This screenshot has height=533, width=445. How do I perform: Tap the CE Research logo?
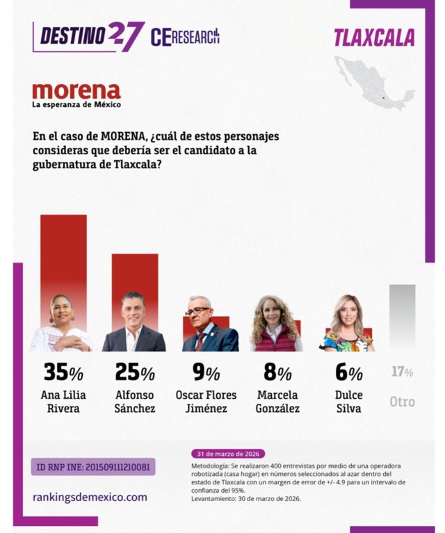coord(185,36)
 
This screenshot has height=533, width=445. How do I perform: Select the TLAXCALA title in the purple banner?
coord(374,38)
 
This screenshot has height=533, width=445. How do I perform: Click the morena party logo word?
coord(76,91)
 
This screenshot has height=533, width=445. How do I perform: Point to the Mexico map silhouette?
coord(374,83)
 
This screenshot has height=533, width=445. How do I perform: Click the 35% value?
coord(63,373)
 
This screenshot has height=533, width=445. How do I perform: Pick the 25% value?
coord(135,373)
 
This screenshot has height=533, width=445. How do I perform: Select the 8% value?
coord(277,373)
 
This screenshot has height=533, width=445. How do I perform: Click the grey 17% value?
coord(402,372)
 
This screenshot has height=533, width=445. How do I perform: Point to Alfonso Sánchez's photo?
coord(133,323)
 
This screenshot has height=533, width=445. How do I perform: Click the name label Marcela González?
coord(277,402)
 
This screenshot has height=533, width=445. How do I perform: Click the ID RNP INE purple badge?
coord(93,466)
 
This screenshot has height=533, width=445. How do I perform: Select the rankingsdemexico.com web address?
coord(90,497)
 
